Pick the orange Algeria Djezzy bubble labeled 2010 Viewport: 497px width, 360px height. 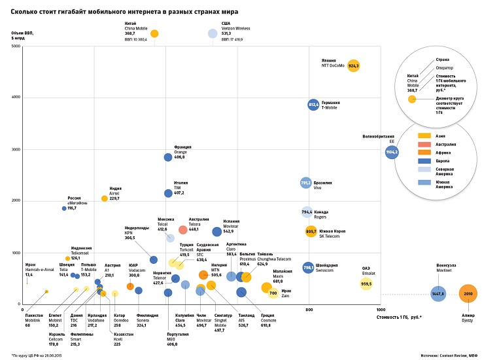(467, 295)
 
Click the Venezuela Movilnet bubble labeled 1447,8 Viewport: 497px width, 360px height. (439, 295)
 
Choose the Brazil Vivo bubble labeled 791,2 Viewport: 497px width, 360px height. (305, 183)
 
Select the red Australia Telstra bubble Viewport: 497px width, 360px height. (183, 230)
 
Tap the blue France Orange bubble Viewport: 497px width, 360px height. (168, 157)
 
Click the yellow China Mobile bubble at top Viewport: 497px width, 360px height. (154, 33)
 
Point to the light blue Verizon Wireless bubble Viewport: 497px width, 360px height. (213, 33)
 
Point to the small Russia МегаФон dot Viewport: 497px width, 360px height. (64, 208)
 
